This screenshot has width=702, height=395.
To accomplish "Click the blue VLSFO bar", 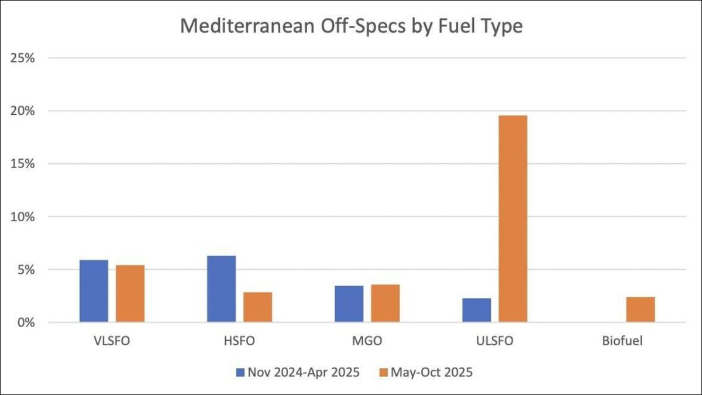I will pos(94,291).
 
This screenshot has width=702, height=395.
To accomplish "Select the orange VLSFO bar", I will pos(130,293).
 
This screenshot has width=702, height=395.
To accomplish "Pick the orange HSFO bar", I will pos(257,307).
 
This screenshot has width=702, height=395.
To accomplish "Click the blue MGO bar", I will pos(349,304).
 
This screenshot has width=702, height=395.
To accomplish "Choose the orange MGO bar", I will pos(385,303).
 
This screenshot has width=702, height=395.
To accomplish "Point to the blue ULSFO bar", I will pos(476,310).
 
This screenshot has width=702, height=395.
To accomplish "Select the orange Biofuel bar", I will pos(640,310).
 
